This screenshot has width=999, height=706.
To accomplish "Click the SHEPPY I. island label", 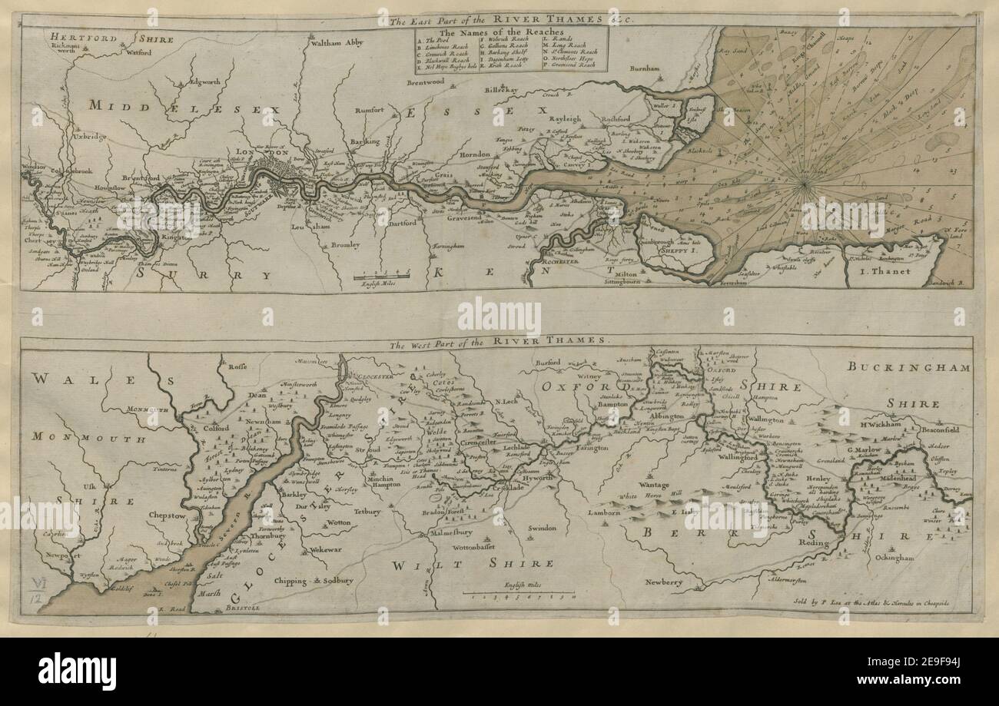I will coord(679,250).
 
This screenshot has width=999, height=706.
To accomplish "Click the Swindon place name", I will coord(540,529).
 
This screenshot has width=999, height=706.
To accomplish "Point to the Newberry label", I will coord(663,582).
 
